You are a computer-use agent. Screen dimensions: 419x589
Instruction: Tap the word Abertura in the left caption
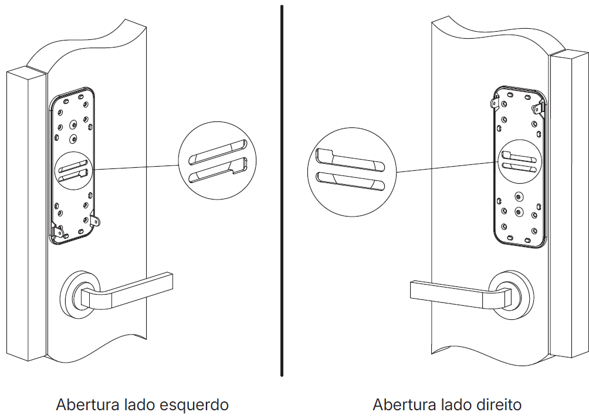point(87,405)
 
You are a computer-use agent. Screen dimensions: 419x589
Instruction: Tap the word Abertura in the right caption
point(404,405)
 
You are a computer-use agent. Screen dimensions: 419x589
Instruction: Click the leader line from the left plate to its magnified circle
point(135,167)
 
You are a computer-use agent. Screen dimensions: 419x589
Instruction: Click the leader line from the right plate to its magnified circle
point(446,167)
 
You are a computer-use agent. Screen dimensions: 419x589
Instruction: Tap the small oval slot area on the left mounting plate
point(72,167)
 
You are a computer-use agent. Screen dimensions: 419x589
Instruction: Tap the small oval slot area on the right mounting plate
point(519,161)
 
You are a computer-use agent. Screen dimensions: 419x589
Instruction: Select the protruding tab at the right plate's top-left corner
point(494,103)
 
